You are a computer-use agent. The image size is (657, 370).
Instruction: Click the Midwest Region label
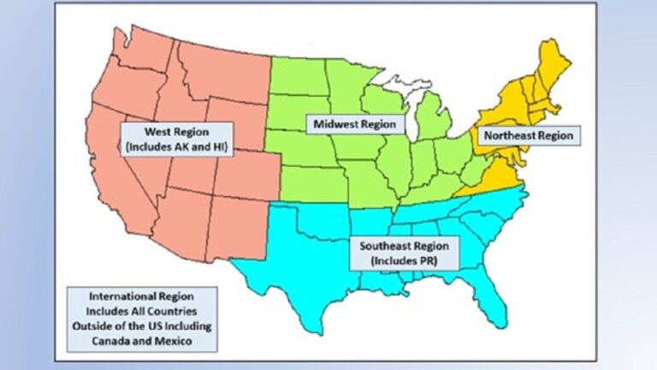pos(354,124)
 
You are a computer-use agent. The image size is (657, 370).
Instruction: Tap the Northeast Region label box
pos(527,136)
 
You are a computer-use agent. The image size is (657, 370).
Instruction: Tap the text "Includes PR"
pos(405,259)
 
